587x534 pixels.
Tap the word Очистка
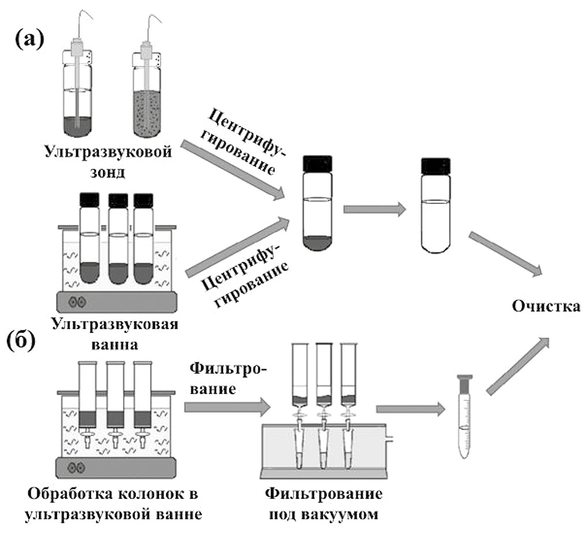[x=545, y=306]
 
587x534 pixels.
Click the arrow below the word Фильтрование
[x=227, y=408]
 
